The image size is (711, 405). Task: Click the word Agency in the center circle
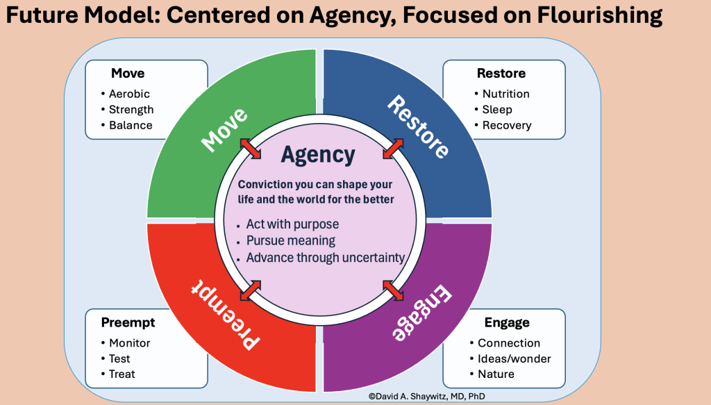point(318,155)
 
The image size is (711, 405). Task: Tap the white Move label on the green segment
point(224,130)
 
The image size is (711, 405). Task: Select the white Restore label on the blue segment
point(418,126)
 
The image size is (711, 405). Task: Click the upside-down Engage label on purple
point(422,313)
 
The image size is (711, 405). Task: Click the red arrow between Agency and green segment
point(250,148)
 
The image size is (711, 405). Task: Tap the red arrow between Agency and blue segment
point(393,148)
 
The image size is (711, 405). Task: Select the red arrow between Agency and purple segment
point(393,290)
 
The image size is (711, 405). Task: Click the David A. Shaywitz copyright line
point(427,397)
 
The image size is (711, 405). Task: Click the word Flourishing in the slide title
point(599,15)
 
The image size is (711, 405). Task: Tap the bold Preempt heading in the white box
point(128,322)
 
